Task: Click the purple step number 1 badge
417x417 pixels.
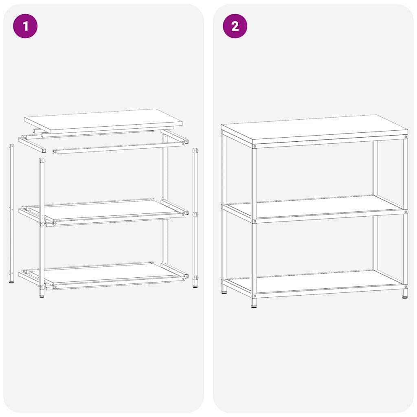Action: (25, 26)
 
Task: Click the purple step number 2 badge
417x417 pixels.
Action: (235, 26)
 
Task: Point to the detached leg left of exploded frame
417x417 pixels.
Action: (11, 212)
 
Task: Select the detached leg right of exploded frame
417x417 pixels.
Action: (195, 216)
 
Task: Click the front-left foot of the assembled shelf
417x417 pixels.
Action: (254, 304)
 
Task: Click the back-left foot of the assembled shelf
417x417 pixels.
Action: (224, 290)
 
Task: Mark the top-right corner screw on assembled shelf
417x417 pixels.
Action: (405, 138)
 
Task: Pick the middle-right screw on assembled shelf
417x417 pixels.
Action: (406, 212)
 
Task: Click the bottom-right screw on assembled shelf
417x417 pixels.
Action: (406, 285)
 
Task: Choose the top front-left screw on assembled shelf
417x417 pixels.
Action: (255, 146)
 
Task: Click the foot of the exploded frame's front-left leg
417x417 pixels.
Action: (42, 294)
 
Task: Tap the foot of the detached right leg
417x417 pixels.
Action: (195, 285)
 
